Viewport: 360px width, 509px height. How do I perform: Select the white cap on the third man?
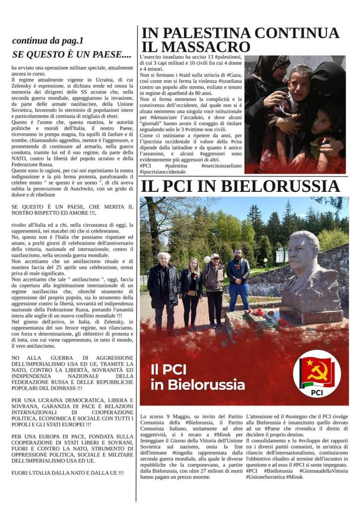(x=215, y=256)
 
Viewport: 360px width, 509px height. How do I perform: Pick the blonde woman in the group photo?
(x=190, y=291)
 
